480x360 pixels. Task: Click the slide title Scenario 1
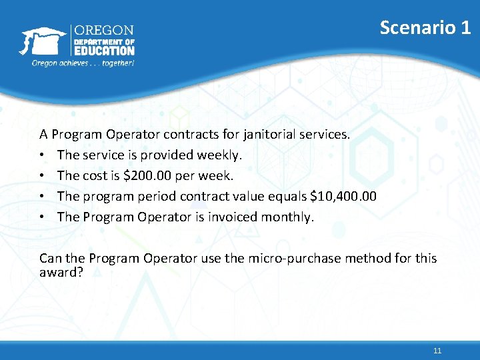425,27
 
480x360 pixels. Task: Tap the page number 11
437,351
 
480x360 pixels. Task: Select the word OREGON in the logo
103,31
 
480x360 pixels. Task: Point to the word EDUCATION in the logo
104,50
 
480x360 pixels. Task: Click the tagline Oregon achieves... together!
83,63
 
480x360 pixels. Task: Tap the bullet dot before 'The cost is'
43,177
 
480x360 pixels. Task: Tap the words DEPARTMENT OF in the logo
103,41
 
